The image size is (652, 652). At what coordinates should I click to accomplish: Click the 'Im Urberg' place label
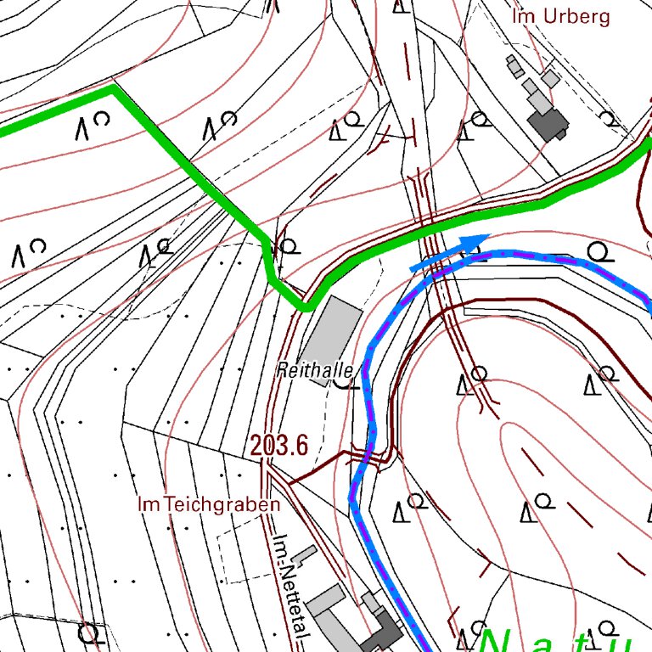click(x=560, y=16)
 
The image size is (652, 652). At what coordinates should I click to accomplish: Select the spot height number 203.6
click(x=278, y=445)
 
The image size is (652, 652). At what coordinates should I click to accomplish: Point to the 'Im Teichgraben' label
click(x=208, y=504)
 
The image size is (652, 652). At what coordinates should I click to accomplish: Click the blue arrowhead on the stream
click(x=476, y=244)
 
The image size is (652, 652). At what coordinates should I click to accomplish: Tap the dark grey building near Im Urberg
click(x=548, y=123)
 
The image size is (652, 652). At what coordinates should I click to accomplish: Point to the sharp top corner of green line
click(x=113, y=87)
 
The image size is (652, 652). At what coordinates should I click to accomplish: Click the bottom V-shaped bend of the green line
click(x=303, y=306)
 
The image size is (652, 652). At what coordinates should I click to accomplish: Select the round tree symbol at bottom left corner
click(x=87, y=633)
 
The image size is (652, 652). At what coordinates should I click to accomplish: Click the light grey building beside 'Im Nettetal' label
click(x=326, y=601)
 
